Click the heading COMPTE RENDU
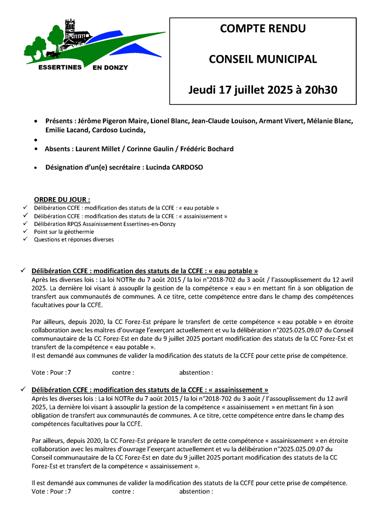pos(263,29)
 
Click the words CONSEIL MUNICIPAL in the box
pos(263,59)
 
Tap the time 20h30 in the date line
pos(321,90)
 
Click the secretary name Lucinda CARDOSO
pos(174,168)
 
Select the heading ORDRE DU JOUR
pos(62,199)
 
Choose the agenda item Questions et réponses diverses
pos(74,240)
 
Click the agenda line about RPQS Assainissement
pos(105,224)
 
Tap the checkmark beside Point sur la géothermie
pos(25,231)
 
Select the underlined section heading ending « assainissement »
pos(149,390)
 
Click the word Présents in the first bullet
pos(59,121)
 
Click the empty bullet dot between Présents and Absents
pos(36,139)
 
